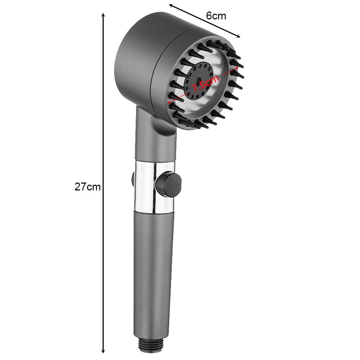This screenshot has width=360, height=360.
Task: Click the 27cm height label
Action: click(x=87, y=187)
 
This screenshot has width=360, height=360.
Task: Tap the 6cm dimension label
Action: click(x=216, y=16)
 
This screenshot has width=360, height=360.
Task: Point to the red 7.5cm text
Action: click(x=206, y=84)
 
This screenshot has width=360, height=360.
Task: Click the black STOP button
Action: click(x=168, y=185)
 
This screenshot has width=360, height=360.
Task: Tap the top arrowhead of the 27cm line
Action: click(x=103, y=15)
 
